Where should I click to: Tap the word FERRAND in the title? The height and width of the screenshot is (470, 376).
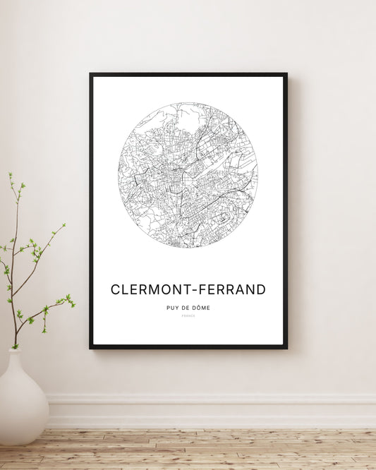click(232, 289)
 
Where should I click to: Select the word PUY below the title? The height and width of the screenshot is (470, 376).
click(171, 308)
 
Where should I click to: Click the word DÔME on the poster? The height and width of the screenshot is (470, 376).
click(200, 308)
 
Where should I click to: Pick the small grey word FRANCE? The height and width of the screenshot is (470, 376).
click(188, 316)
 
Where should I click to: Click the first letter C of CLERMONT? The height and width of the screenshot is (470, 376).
click(116, 289)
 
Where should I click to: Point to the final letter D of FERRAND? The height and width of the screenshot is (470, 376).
click(261, 289)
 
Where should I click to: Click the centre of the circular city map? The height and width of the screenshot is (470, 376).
click(188, 175)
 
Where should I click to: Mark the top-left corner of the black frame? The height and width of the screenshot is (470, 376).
click(90, 73)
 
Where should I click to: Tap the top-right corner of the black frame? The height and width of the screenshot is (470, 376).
click(286, 73)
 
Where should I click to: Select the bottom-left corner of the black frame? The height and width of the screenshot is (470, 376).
click(90, 348)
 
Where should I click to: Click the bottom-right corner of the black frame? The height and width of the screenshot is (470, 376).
click(286, 348)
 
